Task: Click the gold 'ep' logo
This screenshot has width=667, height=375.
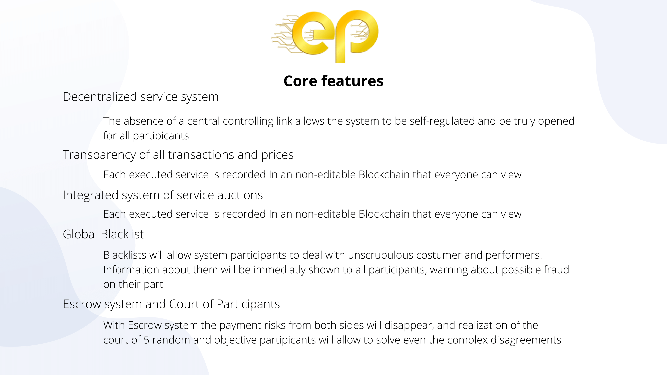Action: click(x=325, y=36)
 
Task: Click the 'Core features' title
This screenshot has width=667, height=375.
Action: click(x=333, y=81)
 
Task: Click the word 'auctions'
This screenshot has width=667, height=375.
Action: click(x=240, y=195)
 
